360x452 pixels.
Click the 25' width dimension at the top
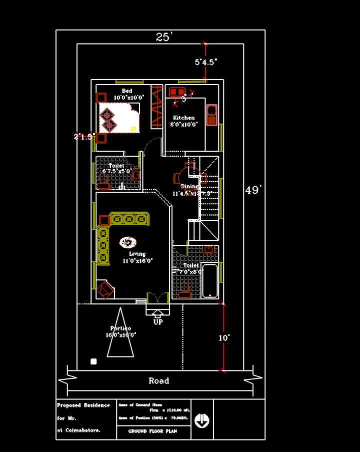point(163,37)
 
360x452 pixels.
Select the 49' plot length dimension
point(253,191)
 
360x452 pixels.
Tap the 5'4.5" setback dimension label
point(206,63)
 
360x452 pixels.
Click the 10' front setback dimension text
point(224,338)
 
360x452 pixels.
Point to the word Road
point(159,381)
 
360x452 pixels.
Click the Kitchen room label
point(184,118)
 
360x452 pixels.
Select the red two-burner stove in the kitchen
point(177,92)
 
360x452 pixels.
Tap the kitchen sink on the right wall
point(211,114)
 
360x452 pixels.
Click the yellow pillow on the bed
point(133,129)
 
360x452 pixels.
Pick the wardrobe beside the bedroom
point(157,107)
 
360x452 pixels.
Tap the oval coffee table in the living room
point(128,243)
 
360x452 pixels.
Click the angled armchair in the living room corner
point(105,290)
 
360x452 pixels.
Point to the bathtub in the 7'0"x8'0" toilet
point(210,280)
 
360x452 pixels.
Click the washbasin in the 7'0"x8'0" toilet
point(209,249)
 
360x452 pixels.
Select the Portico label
point(120,329)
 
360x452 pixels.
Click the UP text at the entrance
point(158,322)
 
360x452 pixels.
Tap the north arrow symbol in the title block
point(202,420)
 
